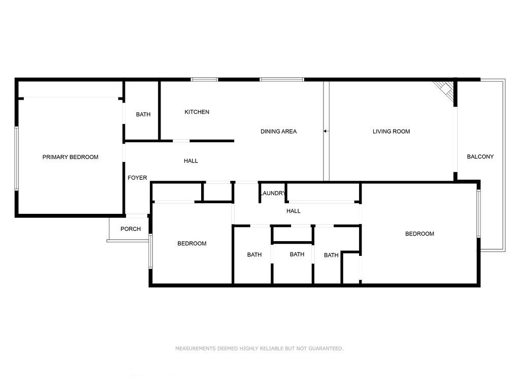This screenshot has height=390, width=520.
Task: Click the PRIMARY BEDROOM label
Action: click(x=70, y=157)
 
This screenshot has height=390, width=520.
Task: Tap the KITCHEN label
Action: click(x=197, y=112)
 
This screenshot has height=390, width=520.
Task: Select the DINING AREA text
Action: click(x=278, y=132)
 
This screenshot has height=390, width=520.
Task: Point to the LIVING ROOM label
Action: click(x=391, y=132)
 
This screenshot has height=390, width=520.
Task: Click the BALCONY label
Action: click(x=480, y=157)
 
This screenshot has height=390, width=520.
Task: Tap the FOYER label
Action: click(x=137, y=178)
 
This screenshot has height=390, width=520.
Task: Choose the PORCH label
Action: click(x=131, y=229)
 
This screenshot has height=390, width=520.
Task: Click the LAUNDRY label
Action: click(x=273, y=193)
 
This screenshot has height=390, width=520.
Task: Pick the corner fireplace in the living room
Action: click(x=445, y=91)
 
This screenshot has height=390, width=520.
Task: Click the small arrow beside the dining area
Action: click(x=325, y=132)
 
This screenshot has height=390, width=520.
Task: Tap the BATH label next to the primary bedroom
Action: click(x=143, y=115)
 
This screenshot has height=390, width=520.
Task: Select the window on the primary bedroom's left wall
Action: click(x=16, y=158)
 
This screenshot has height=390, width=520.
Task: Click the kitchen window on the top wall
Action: click(x=204, y=79)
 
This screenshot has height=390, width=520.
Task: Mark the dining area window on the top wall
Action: click(x=282, y=79)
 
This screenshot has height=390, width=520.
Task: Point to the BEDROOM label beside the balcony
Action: click(x=419, y=234)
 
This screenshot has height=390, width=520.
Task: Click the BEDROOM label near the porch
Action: click(x=191, y=244)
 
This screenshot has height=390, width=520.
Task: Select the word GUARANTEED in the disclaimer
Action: click(x=326, y=349)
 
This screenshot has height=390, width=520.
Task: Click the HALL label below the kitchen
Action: click(x=191, y=161)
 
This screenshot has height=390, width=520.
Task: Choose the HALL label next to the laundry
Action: click(x=293, y=211)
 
